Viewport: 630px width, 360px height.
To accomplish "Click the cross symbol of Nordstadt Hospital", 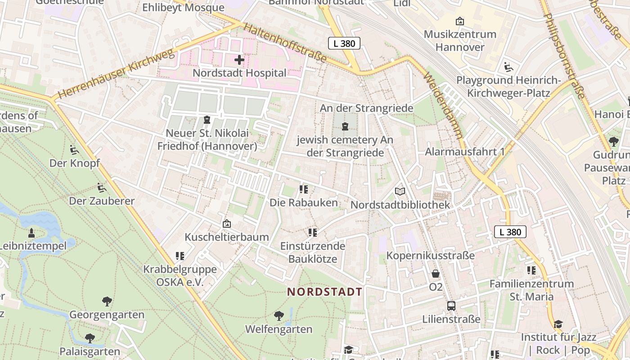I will pos(239,59).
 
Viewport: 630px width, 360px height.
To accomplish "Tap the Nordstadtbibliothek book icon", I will pos(400,191).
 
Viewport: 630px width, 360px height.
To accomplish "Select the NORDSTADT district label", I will pos(325,292).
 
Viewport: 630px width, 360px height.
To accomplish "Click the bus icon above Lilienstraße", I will pos(451,306).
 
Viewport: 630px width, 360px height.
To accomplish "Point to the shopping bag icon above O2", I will pos(436,274).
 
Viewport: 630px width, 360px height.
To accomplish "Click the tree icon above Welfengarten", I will pos(279,315).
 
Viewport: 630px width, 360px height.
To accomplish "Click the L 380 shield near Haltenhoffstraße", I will pos(344,43).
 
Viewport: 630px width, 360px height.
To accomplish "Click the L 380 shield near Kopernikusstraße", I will pos(510,232).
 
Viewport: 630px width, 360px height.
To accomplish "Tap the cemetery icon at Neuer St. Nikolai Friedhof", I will pos(207,120).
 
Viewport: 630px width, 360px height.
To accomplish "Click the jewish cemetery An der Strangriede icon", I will pos(345,126).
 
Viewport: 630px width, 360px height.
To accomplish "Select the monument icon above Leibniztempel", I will pos(31,233).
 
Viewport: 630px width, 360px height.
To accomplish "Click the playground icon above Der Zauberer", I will pos(102,187).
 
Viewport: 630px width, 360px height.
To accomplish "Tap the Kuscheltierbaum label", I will pos(227,237).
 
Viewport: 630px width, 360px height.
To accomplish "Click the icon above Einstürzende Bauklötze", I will pos(313,233).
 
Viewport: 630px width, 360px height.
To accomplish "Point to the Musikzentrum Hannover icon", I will pos(459,21).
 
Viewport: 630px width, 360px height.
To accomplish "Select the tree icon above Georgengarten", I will pos(107,301).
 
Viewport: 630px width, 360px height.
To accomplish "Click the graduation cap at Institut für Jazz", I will pos(558,324).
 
